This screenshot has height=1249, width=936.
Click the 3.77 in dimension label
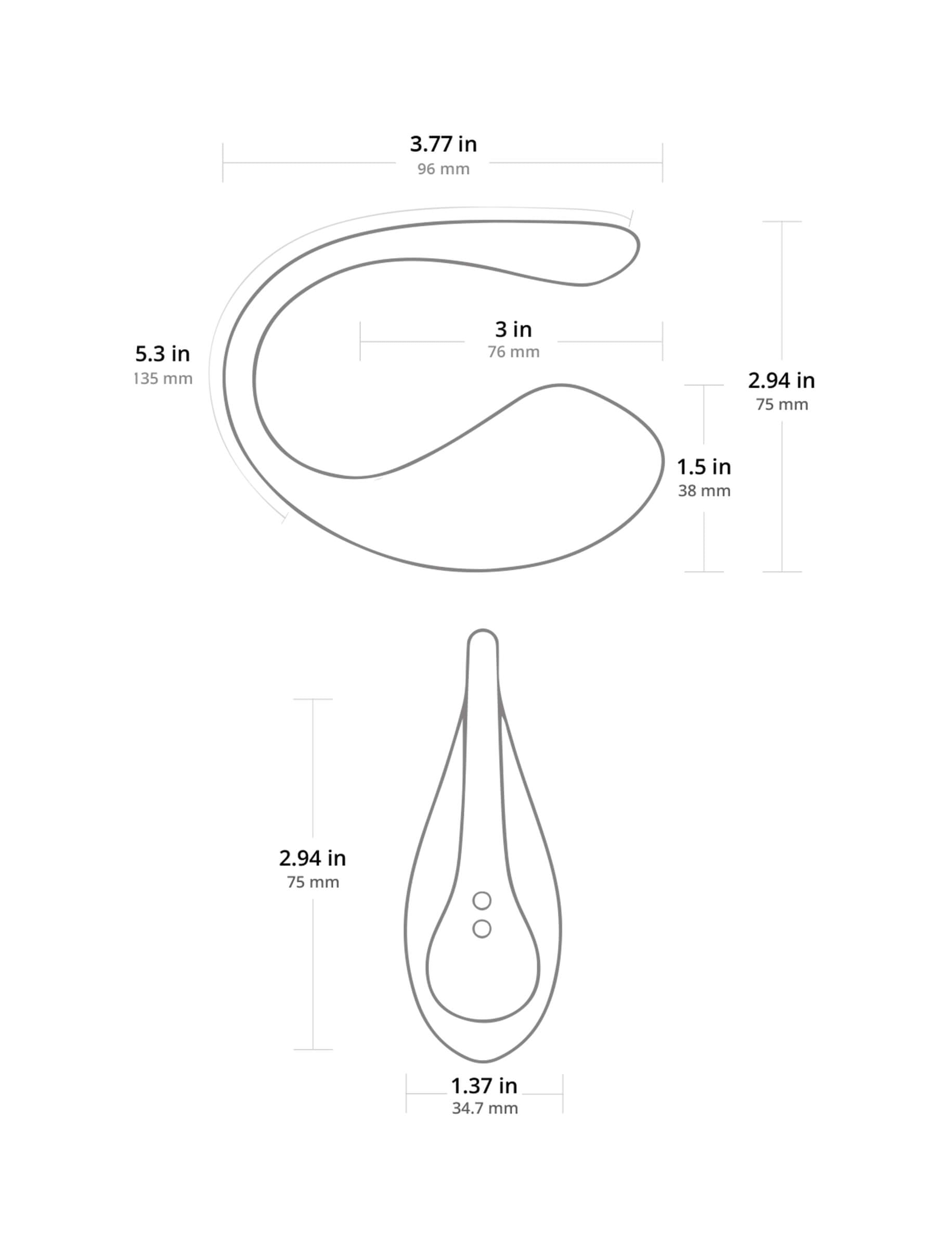coord(443,144)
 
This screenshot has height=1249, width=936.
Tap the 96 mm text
coord(443,169)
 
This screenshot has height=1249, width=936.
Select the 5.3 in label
coord(162,354)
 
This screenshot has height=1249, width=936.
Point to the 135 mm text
coord(162,378)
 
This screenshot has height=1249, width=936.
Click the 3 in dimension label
coord(513,329)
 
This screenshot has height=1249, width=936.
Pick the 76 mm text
coord(513,352)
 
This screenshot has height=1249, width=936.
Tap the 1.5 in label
coord(704,467)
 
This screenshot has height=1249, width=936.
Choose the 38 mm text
coord(704,491)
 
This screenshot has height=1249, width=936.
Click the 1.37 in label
coord(484,1085)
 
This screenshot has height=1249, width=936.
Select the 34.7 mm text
coord(484,1108)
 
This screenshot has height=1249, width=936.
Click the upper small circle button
coord(481,901)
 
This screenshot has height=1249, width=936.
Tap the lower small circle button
coord(481,928)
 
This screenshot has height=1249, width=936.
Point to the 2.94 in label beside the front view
coord(312,858)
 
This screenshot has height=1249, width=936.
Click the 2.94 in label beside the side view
coord(781,380)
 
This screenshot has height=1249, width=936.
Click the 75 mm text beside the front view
coord(313,882)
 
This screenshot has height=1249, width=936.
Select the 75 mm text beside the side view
coord(782,404)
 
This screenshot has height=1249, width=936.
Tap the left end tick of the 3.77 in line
coord(223,162)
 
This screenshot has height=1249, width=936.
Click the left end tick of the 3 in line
coord(360,341)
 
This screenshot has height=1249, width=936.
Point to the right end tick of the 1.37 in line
coord(562,1094)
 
